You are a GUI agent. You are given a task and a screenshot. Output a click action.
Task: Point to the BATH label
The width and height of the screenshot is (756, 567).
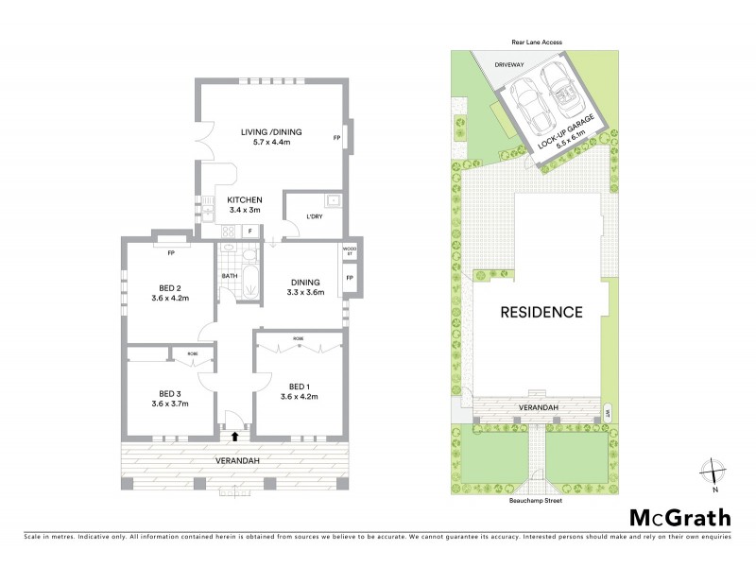pyautogui.click(x=229, y=276)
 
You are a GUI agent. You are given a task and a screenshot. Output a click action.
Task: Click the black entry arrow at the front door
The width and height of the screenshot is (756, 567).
pyautogui.click(x=234, y=436)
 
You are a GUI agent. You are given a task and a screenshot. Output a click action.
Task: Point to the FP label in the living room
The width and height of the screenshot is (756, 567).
pyautogui.click(x=337, y=138)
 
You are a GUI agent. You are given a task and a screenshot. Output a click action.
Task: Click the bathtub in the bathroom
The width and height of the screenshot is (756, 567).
pyautogui.click(x=248, y=282)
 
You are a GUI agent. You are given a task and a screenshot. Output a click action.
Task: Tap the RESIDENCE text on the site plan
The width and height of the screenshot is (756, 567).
pyautogui.click(x=541, y=312)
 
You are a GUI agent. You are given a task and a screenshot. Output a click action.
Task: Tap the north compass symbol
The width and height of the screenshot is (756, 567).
pyautogui.click(x=715, y=472)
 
